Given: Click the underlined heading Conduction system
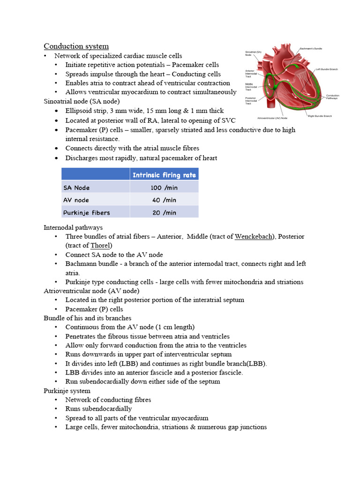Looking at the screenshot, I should (x=76, y=46).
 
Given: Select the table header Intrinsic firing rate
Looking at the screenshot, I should (x=164, y=175).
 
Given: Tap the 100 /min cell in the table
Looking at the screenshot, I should (x=164, y=187).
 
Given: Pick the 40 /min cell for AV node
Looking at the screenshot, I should (x=164, y=200).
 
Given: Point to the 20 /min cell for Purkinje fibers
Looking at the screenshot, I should (x=164, y=213).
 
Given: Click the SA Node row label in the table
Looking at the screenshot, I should (x=76, y=187).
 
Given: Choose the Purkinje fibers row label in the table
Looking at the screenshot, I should (x=86, y=213).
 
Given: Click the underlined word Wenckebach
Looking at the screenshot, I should (x=254, y=237).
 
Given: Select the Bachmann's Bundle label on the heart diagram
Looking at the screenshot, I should (x=311, y=49).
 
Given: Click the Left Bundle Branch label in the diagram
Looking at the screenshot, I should (x=326, y=69).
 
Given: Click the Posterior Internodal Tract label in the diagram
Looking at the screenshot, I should (x=251, y=101).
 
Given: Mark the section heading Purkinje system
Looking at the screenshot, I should (x=67, y=391).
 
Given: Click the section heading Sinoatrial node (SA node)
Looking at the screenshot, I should (x=81, y=101).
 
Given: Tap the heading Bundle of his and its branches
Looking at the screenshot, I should (x=87, y=318).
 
